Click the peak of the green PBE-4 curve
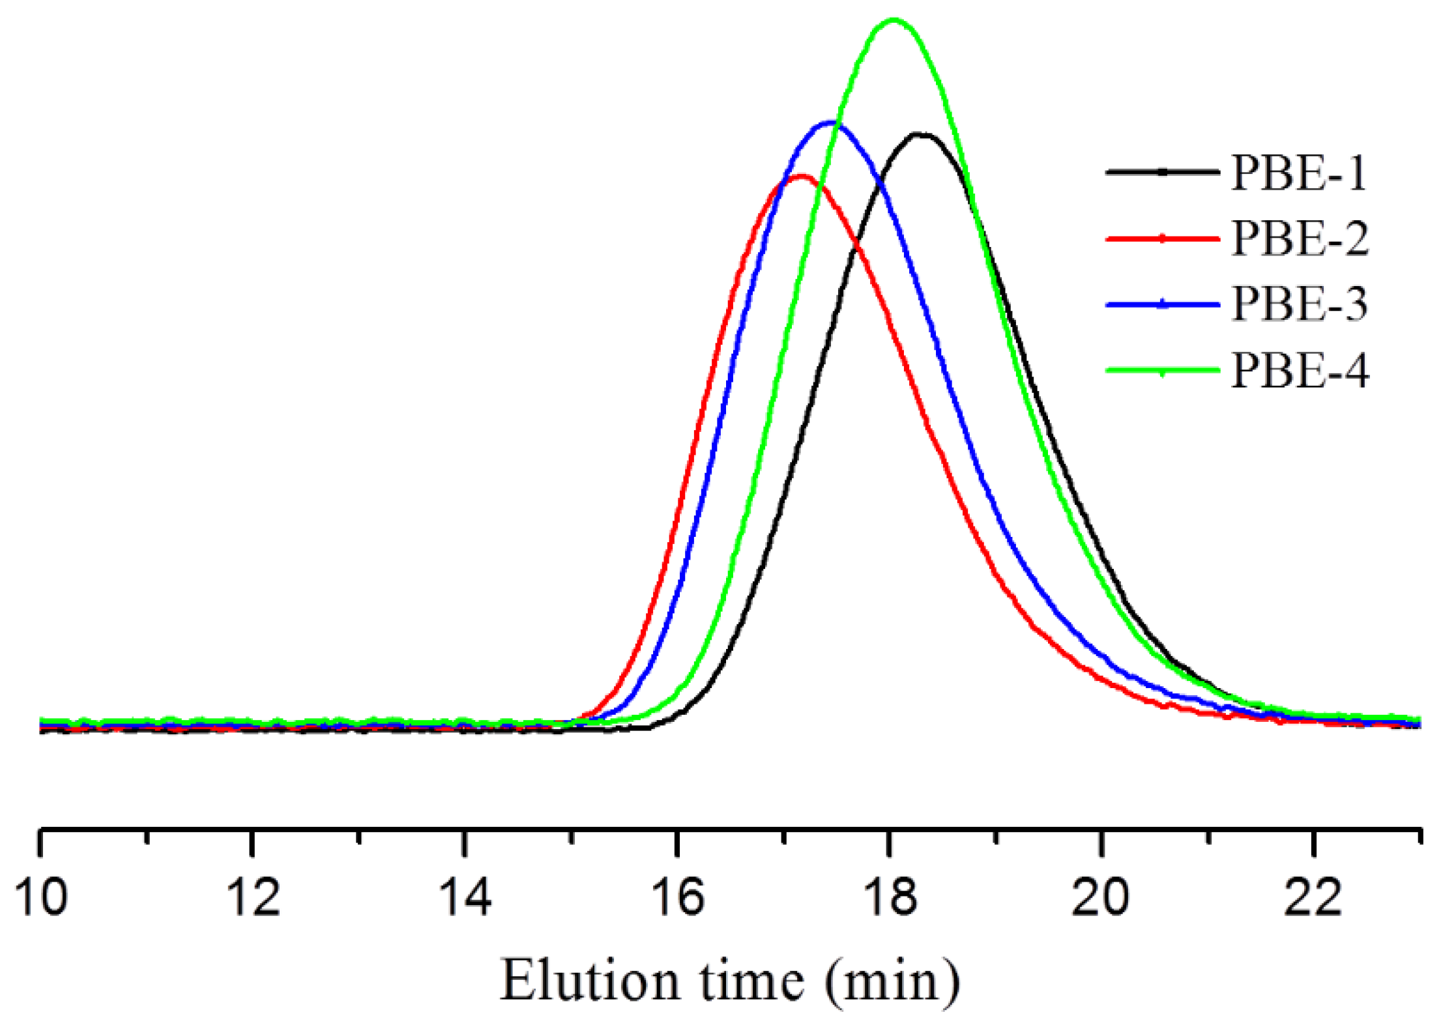[x=894, y=20]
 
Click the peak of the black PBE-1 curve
[x=920, y=135]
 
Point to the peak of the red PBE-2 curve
[x=801, y=177]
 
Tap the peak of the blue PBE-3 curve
[x=831, y=122]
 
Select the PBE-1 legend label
[x=1299, y=173]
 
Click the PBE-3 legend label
[x=1300, y=304]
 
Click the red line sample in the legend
[x=1162, y=239]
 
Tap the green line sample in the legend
[x=1162, y=371]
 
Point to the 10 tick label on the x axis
[x=41, y=898]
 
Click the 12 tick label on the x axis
[x=253, y=898]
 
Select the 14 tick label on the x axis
[x=465, y=898]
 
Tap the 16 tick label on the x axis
[x=678, y=898]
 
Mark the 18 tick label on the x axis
[x=890, y=898]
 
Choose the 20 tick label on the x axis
[x=1101, y=898]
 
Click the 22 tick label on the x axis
[x=1313, y=898]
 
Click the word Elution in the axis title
[x=590, y=981]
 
